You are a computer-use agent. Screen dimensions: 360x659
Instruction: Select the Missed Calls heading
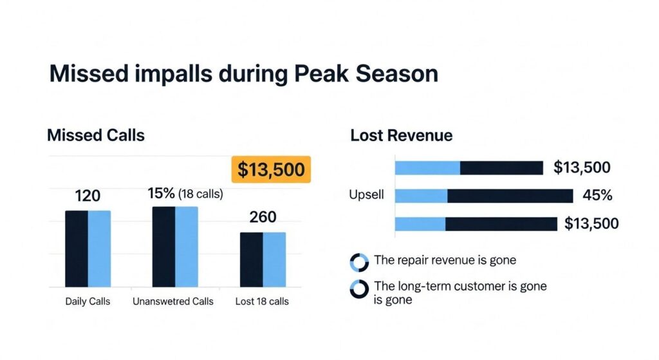(x=96, y=135)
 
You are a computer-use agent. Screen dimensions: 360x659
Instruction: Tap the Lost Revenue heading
(x=401, y=135)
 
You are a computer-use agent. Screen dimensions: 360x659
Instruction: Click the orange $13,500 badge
(x=270, y=169)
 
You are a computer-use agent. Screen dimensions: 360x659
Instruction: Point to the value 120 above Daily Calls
(x=88, y=196)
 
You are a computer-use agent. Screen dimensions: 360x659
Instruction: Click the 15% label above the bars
(x=162, y=193)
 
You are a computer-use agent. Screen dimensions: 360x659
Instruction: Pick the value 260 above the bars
(x=263, y=217)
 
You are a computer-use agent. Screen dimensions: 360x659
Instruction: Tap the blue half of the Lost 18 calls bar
(x=274, y=260)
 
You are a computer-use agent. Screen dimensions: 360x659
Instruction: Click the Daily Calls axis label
(x=88, y=301)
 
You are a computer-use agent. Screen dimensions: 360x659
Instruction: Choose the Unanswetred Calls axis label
(x=172, y=301)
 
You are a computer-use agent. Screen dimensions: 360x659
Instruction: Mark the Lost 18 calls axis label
(x=262, y=301)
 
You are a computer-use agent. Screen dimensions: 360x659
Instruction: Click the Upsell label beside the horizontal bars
(x=367, y=195)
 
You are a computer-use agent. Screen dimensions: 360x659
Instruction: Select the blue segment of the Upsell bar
(x=421, y=196)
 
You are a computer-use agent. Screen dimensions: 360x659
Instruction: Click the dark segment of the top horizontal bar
(x=501, y=168)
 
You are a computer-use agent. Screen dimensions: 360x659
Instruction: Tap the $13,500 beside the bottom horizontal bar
(x=591, y=223)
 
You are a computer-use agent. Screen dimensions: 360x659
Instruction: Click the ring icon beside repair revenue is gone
(x=358, y=262)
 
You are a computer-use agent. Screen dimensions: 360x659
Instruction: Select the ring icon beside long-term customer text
(x=358, y=289)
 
